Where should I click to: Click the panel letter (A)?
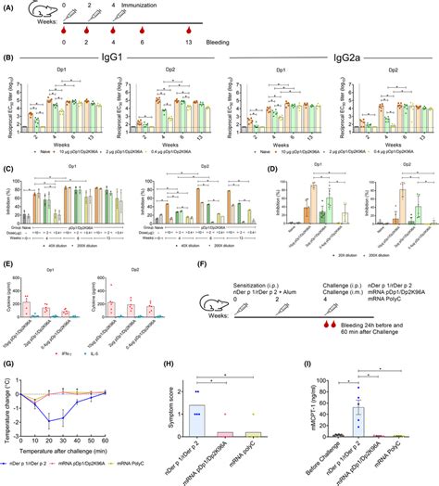pyautogui.click(x=8, y=6)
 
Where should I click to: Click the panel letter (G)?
pyautogui.click(x=8, y=355)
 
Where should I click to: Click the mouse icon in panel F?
pyautogui.click(x=219, y=306)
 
